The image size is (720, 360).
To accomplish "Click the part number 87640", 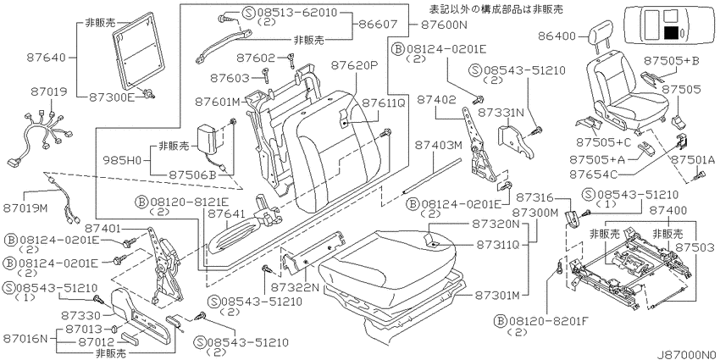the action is (x=46, y=58).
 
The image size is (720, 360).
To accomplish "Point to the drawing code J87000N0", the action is (x=687, y=355).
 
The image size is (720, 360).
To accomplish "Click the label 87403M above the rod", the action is (x=438, y=145).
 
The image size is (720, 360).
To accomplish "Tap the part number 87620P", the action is (x=353, y=66).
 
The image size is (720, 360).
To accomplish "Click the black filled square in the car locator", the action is (x=672, y=32).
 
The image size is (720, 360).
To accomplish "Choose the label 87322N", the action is (x=295, y=287).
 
